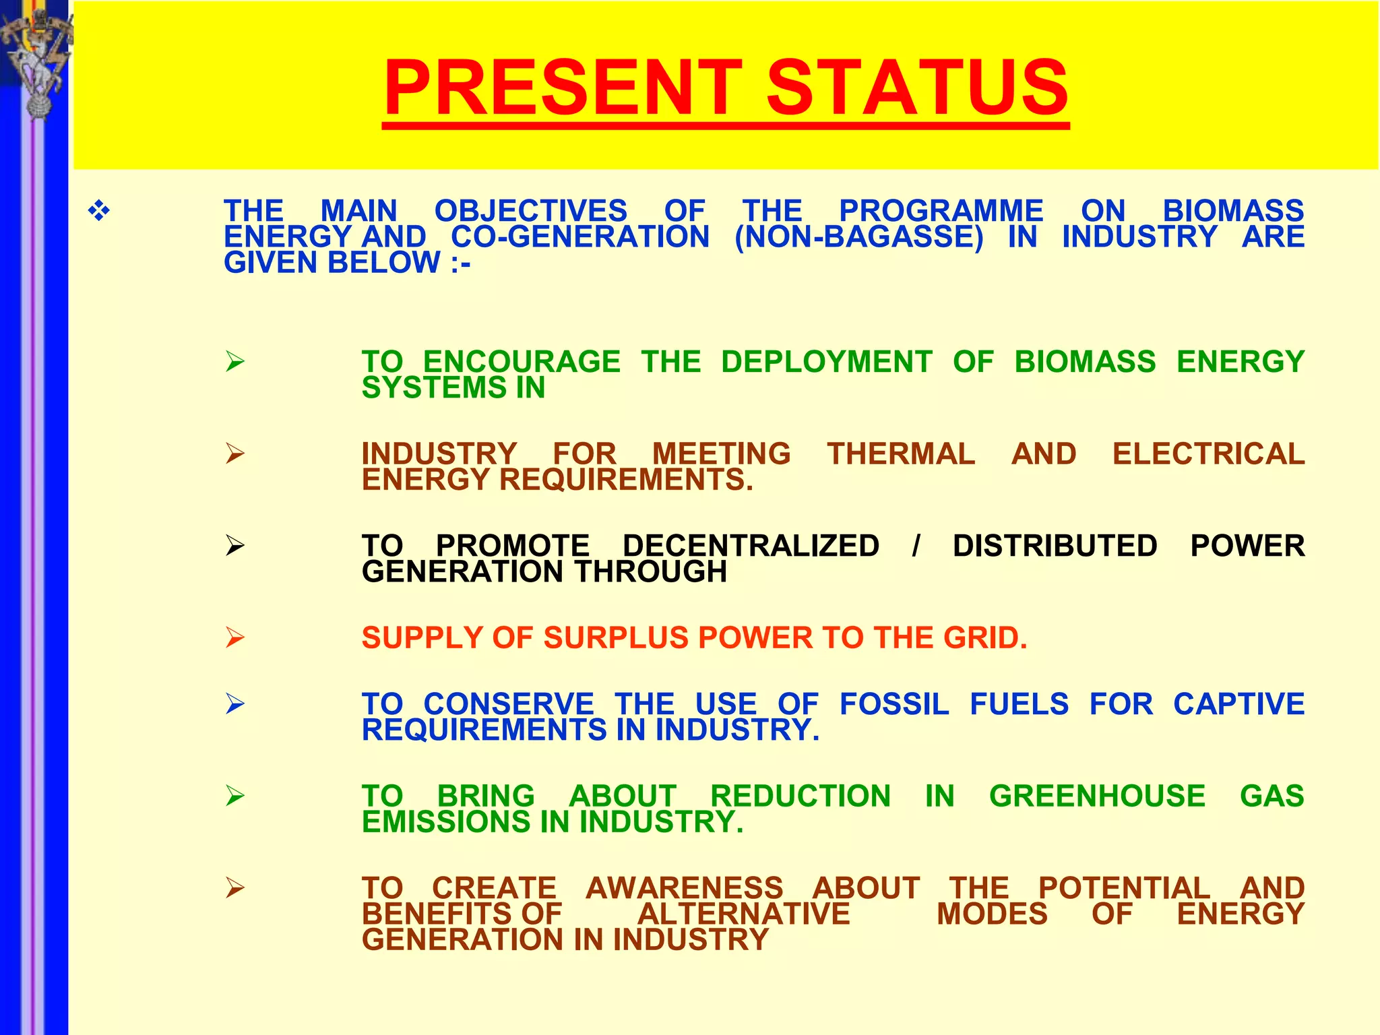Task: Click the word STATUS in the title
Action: click(x=917, y=88)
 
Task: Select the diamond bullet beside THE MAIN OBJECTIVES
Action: click(x=99, y=212)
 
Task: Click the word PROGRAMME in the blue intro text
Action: click(x=941, y=211)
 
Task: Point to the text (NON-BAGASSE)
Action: click(x=858, y=237)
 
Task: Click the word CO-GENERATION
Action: click(x=580, y=237)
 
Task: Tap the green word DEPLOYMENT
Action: click(x=827, y=362)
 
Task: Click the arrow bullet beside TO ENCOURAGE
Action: click(x=234, y=362)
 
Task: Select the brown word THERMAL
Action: click(x=901, y=454)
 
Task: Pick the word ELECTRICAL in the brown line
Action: click(x=1208, y=454)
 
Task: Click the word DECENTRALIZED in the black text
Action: click(x=751, y=546)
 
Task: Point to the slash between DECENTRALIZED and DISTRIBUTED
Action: click(x=916, y=546)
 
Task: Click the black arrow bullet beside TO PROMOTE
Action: click(x=234, y=545)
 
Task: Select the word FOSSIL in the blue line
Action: click(x=894, y=705)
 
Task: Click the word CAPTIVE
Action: click(x=1238, y=705)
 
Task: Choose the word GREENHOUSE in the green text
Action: click(x=1097, y=796)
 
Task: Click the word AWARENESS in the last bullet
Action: click(x=685, y=888)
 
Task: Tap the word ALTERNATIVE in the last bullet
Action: click(x=743, y=914)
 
